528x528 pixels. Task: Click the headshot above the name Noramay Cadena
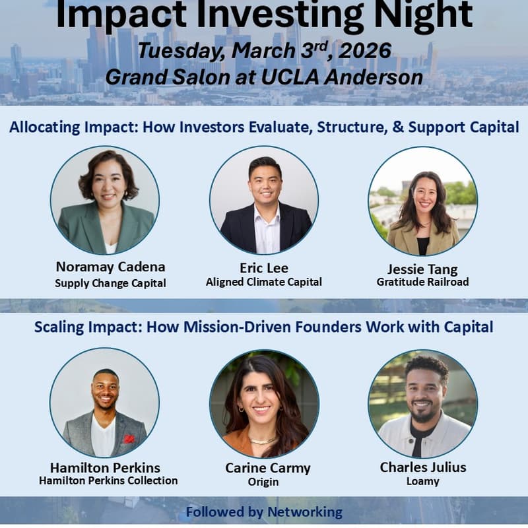coord(105,200)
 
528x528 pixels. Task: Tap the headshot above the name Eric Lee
coord(264,200)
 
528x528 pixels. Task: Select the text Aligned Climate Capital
coord(264,282)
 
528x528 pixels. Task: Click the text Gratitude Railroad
coord(422,282)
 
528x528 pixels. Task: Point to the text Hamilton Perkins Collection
coord(108,480)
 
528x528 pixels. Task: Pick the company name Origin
coord(264,482)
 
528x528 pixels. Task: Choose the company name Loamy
coord(423,481)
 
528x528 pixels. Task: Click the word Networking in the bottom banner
coord(305,511)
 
